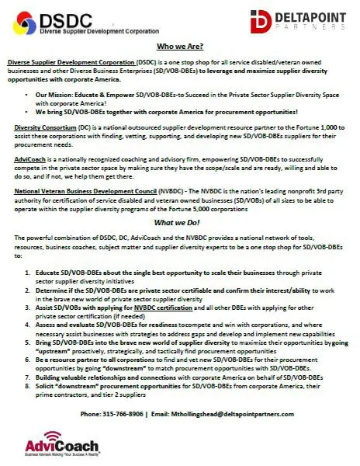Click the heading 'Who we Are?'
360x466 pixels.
179,47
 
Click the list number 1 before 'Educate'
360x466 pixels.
28,273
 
